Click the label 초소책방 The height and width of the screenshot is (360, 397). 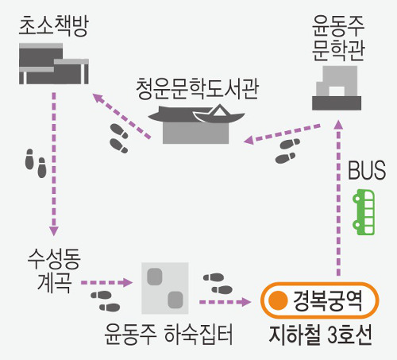(x=54, y=25)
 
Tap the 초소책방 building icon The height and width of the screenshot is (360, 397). (x=54, y=64)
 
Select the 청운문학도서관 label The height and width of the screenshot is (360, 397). (x=197, y=89)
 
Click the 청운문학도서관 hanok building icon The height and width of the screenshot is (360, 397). (x=196, y=124)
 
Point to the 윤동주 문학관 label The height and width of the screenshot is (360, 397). (x=338, y=38)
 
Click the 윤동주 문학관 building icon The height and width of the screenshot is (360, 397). (x=337, y=88)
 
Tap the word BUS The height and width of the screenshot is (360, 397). (x=367, y=170)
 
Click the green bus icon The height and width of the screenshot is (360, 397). (x=364, y=212)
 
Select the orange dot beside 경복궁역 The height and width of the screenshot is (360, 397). (x=278, y=300)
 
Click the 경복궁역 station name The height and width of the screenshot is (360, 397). (x=328, y=300)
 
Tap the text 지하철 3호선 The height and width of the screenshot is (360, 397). (x=320, y=335)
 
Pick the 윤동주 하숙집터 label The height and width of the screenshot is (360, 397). (x=168, y=335)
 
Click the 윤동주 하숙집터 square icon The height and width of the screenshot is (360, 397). (x=165, y=288)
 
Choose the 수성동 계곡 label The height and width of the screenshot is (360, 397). (x=54, y=270)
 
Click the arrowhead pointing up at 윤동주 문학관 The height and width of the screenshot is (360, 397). (x=338, y=125)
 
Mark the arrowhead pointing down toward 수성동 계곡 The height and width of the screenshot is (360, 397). (x=54, y=231)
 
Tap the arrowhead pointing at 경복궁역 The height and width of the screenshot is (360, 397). (x=246, y=302)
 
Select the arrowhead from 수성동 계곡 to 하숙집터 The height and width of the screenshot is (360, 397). (x=128, y=282)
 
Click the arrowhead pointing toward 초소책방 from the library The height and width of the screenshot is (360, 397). (x=97, y=98)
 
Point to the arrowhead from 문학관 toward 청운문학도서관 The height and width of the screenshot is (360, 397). (x=249, y=140)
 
